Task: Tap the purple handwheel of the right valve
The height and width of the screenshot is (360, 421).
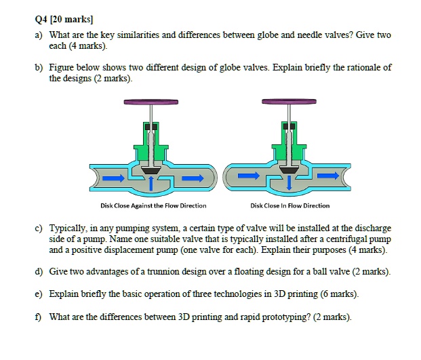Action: pos(289,102)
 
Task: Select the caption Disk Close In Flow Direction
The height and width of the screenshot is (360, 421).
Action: pos(289,205)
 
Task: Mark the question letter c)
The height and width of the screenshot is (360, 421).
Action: pos(35,228)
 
